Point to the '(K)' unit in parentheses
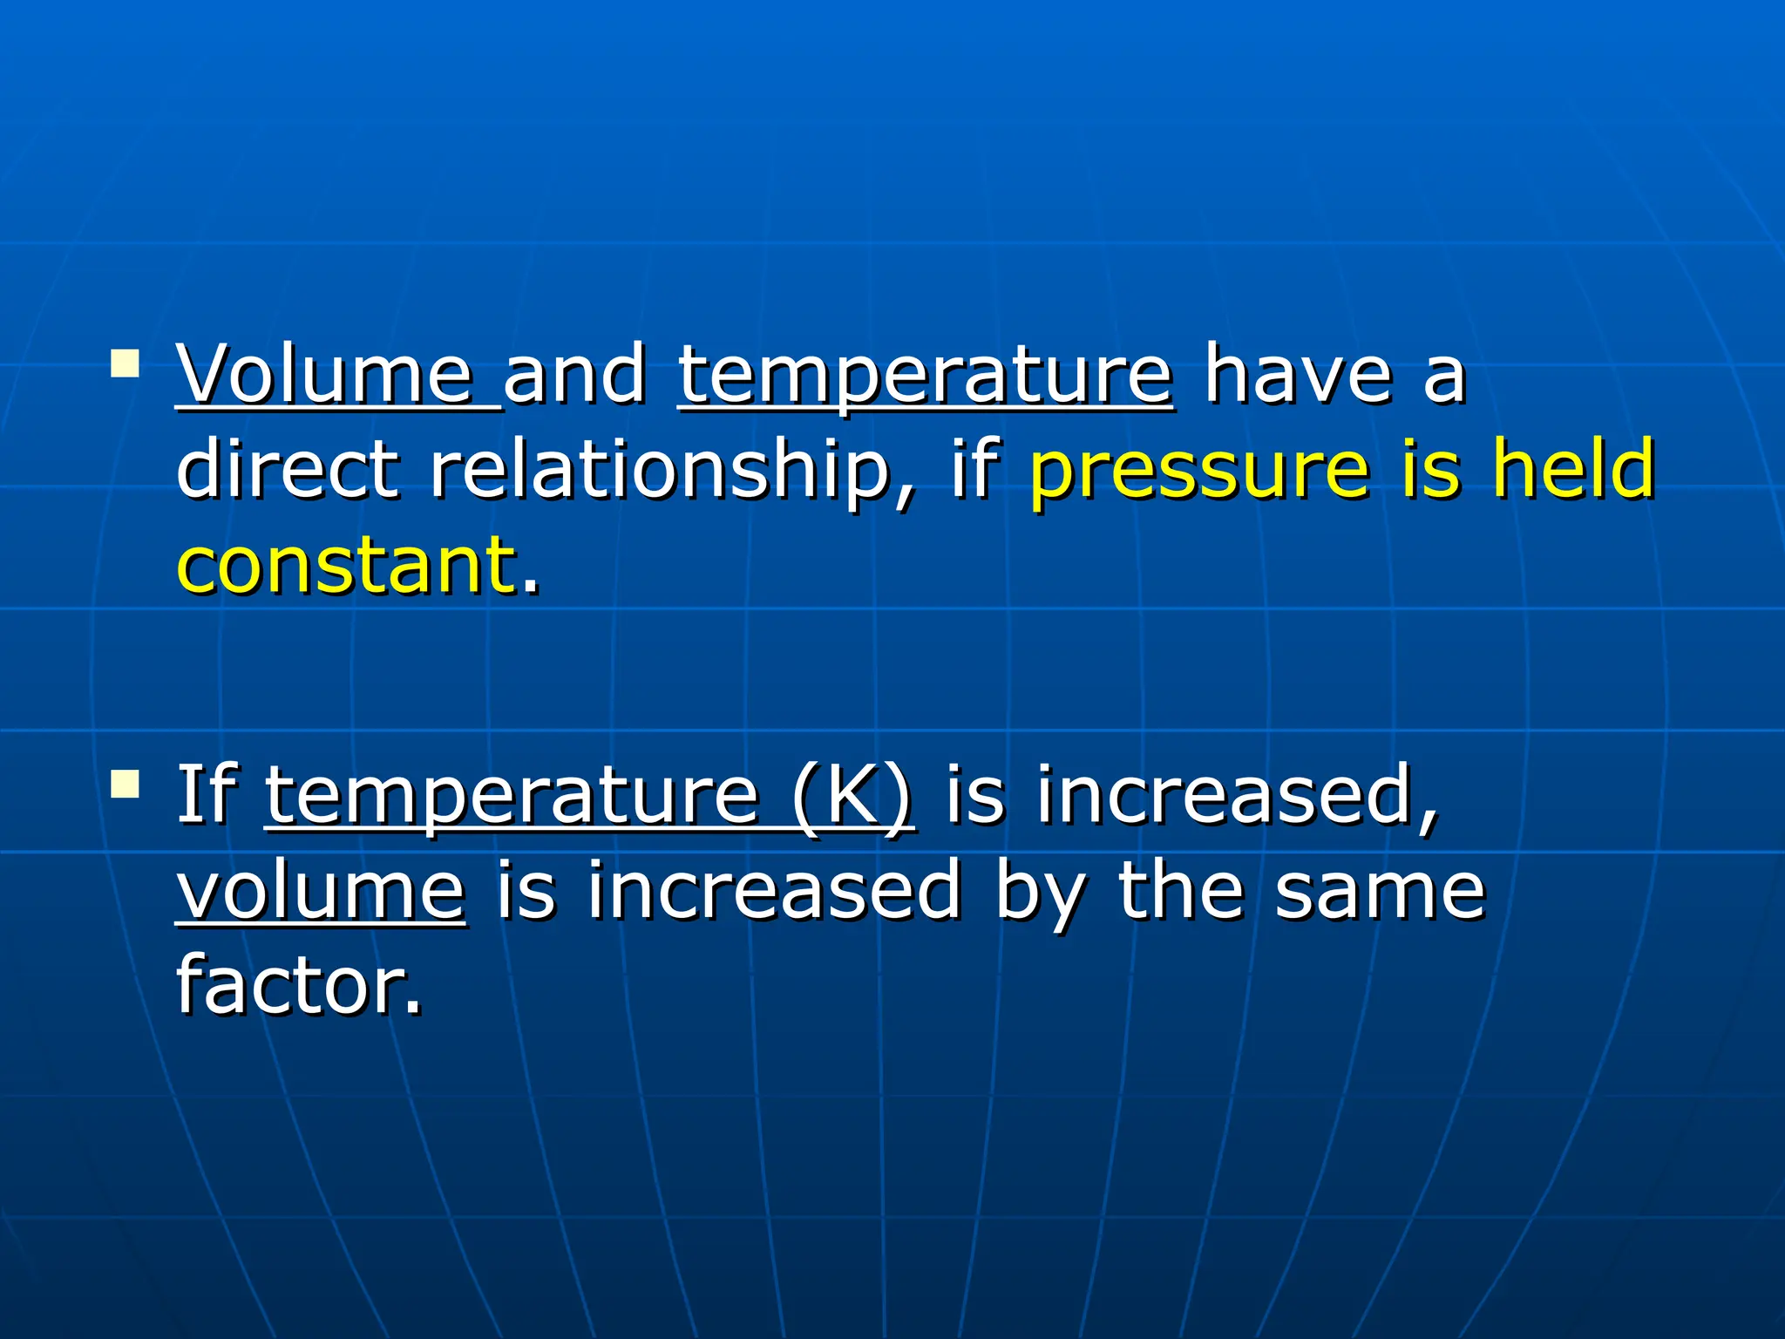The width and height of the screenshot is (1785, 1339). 852,795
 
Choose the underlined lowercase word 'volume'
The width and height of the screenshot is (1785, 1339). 322,891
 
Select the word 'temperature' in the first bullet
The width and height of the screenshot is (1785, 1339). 925,377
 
